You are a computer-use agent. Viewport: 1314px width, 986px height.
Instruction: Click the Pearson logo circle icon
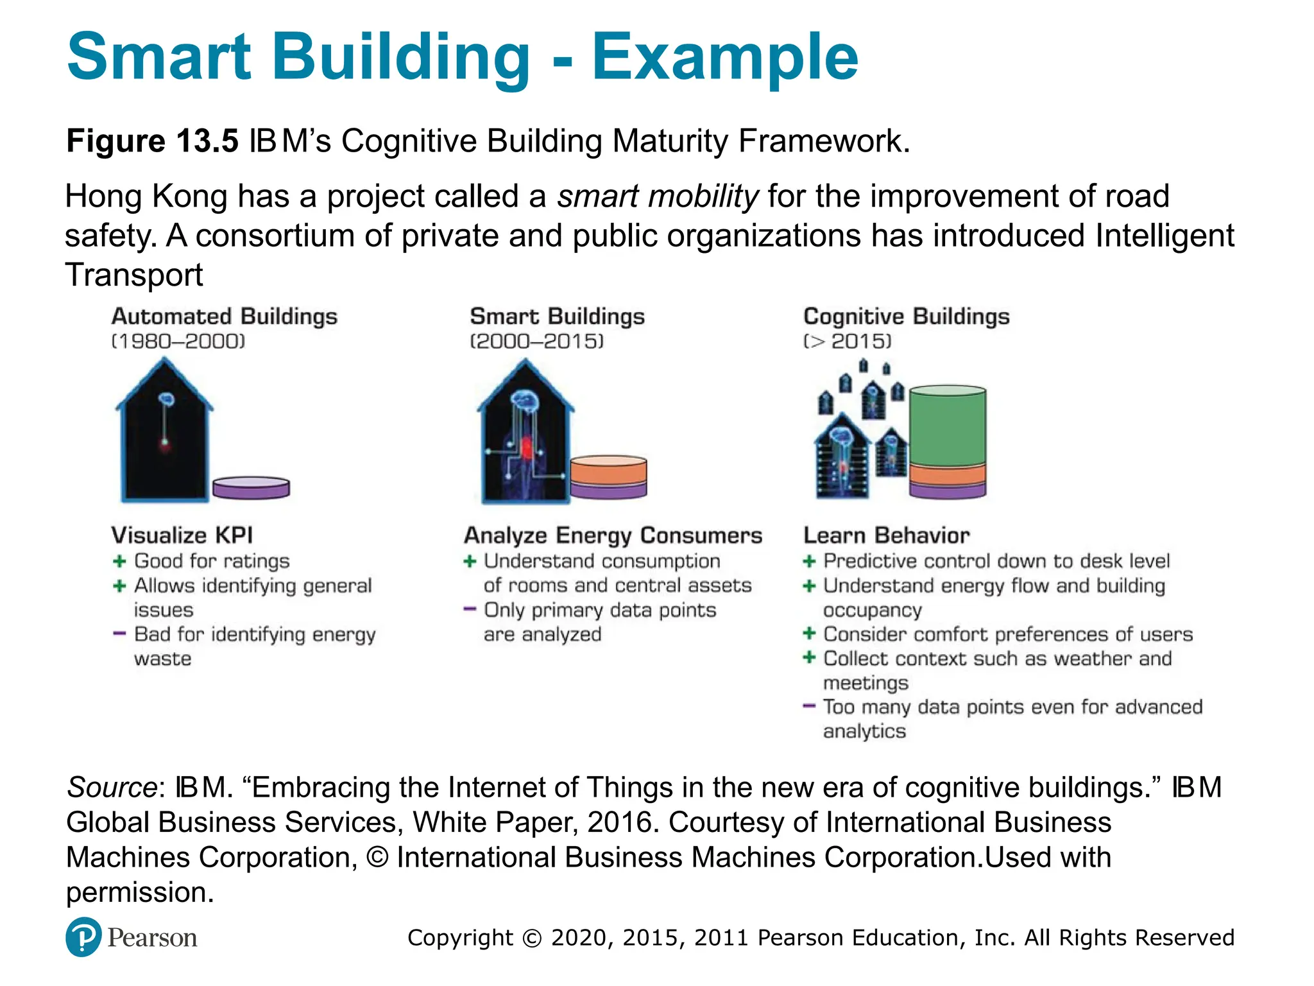pyautogui.click(x=83, y=937)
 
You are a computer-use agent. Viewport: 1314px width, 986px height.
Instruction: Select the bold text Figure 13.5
pyautogui.click(x=153, y=141)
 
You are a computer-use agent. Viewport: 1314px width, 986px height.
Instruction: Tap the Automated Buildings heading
pyautogui.click(x=224, y=316)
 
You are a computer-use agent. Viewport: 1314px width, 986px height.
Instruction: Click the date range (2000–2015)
pyautogui.click(x=536, y=341)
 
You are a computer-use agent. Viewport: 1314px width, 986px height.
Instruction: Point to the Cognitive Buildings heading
pyautogui.click(x=906, y=316)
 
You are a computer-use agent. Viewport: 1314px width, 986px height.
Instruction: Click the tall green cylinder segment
pyautogui.click(x=947, y=426)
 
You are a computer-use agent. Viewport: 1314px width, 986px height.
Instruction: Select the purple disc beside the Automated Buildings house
pyautogui.click(x=251, y=487)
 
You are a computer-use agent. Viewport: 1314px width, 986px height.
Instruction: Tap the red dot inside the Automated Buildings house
pyautogui.click(x=165, y=443)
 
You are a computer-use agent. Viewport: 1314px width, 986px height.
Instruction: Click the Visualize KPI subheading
pyautogui.click(x=182, y=535)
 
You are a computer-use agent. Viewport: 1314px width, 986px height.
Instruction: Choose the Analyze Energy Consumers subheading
pyautogui.click(x=613, y=535)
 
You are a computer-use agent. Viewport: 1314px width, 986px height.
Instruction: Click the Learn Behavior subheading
pyautogui.click(x=886, y=535)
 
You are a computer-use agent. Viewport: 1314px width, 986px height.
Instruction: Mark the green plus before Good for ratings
pyautogui.click(x=119, y=561)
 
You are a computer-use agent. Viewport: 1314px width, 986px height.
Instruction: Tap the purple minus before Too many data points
pyautogui.click(x=809, y=706)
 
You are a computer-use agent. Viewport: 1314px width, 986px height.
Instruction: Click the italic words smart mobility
pyautogui.click(x=658, y=196)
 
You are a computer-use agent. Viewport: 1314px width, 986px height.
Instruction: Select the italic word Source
pyautogui.click(x=112, y=787)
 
